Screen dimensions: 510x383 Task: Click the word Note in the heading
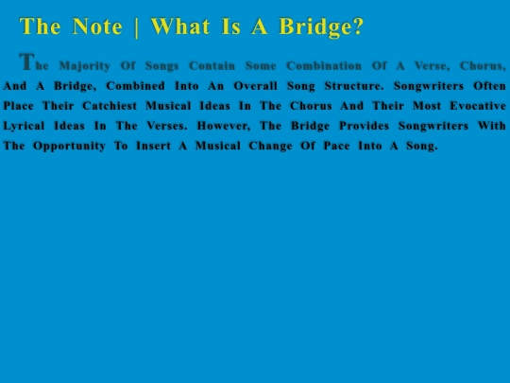97,26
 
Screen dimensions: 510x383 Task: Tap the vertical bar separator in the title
137,27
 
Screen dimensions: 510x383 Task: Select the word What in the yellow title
180,26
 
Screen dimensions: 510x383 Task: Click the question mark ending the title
358,26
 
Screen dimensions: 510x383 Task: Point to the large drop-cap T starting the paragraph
27,61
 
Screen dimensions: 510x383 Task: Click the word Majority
85,66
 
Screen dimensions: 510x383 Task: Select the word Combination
324,66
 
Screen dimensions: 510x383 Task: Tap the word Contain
212,66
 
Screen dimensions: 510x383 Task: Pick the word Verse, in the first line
433,66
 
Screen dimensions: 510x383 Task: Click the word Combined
135,86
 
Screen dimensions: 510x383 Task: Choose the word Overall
256,86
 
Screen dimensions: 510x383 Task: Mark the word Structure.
354,86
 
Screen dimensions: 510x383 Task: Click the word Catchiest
110,106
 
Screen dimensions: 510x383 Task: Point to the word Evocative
478,106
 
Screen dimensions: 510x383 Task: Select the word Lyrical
24,127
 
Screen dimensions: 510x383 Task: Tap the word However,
224,126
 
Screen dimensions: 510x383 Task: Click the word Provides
365,126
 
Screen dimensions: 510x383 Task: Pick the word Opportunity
70,147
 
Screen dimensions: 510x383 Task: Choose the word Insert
154,146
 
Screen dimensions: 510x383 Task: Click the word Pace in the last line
336,146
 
